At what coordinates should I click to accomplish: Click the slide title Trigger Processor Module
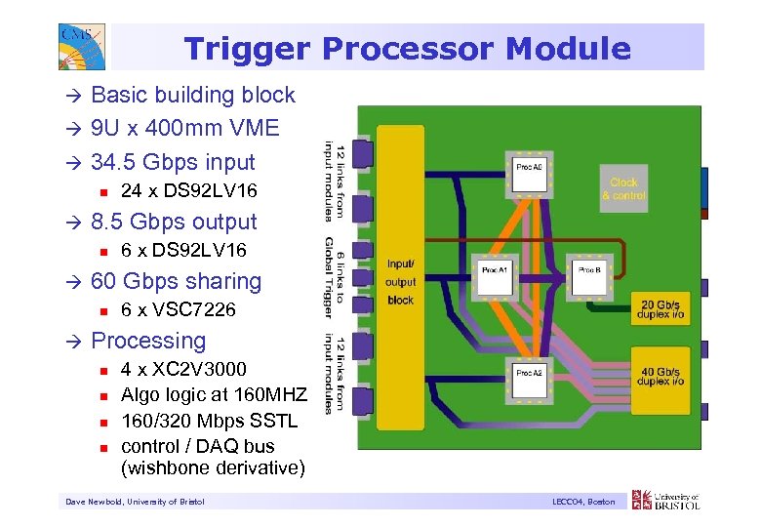(x=407, y=48)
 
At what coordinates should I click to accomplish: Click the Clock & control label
(x=623, y=188)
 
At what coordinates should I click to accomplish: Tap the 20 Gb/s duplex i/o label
(x=661, y=310)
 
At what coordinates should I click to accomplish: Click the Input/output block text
(x=400, y=282)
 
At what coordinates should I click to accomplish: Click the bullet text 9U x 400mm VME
(x=184, y=128)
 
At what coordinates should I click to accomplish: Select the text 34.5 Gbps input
(x=172, y=162)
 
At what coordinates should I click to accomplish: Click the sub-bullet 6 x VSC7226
(x=178, y=310)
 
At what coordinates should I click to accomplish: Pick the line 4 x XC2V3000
(x=183, y=369)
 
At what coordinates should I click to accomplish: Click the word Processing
(x=148, y=341)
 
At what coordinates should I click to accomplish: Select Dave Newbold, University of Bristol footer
(x=135, y=502)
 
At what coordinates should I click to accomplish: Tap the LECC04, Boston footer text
(x=582, y=502)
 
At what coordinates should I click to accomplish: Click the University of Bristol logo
(x=666, y=501)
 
